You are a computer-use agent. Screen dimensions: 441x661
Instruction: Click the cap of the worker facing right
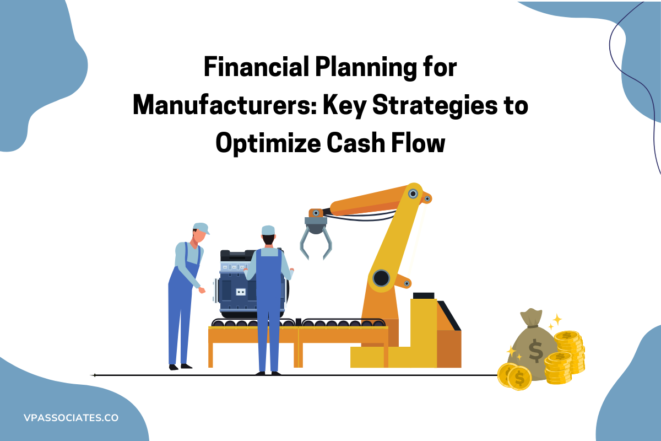[201, 228]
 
